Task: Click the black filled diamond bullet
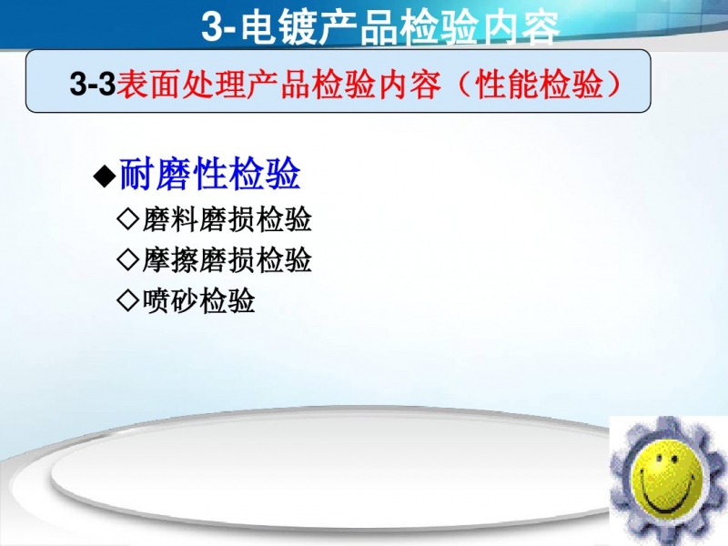(105, 176)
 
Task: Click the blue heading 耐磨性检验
(210, 174)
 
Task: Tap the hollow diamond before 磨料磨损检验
(128, 219)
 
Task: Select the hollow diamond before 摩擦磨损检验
(128, 259)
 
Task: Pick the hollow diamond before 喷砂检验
(128, 300)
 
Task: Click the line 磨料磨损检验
(227, 219)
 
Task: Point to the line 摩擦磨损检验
(227, 259)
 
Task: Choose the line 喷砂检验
(198, 300)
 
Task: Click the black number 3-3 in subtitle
(93, 84)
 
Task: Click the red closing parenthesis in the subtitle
(612, 84)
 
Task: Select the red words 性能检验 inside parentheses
(539, 84)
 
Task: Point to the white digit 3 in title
(213, 27)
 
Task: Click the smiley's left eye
(660, 459)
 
